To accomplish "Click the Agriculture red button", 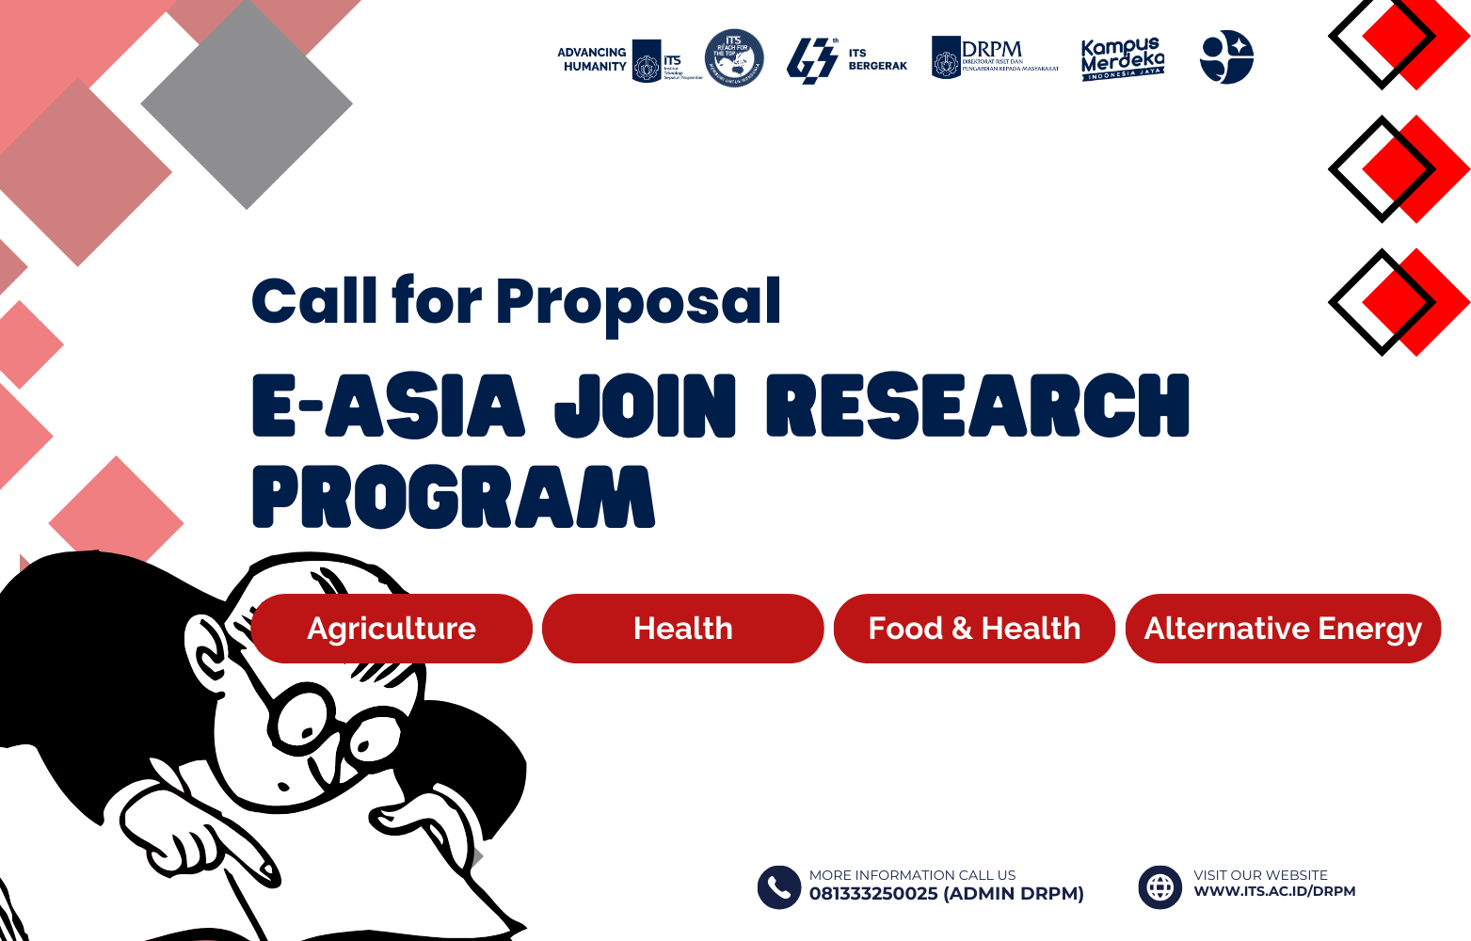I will [x=392, y=629].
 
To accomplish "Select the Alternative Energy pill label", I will [x=1283, y=629].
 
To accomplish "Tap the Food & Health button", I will [x=974, y=629].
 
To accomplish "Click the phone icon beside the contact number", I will [x=778, y=886].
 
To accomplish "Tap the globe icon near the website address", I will [x=1159, y=886].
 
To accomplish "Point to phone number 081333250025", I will [x=873, y=894].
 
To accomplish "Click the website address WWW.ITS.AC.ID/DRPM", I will [x=1274, y=891].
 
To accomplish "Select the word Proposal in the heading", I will [x=638, y=302].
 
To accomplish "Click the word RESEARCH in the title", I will [x=978, y=406].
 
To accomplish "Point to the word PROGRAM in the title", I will [x=453, y=497].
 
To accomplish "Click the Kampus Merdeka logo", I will [x=1122, y=59].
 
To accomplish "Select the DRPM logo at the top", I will [x=994, y=57].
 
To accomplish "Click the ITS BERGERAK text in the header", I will [x=877, y=59].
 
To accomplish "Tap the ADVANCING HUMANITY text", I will [x=592, y=59].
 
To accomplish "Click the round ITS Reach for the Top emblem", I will [x=734, y=57].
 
